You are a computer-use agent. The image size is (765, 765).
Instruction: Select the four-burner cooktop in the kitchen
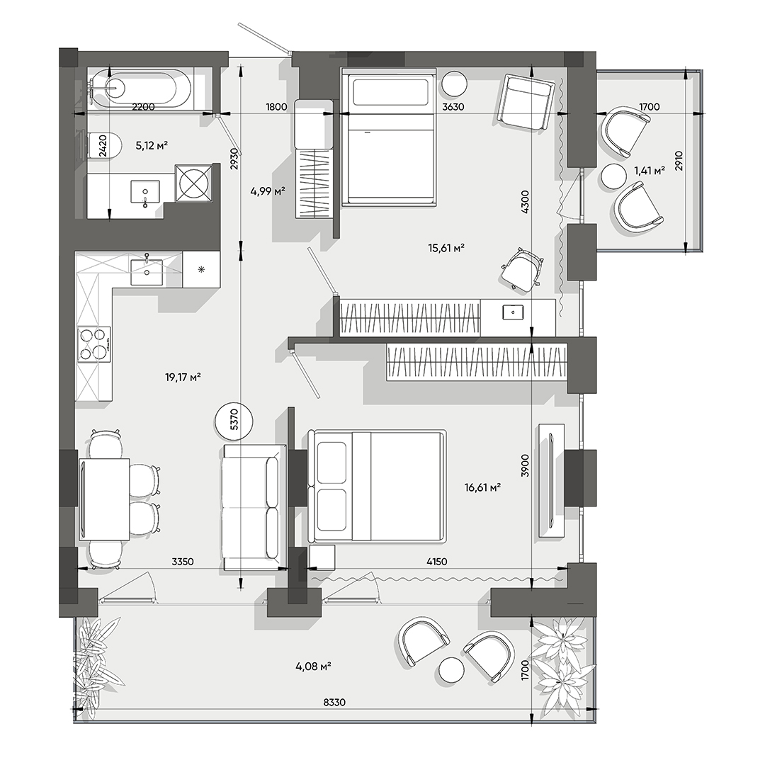point(94,344)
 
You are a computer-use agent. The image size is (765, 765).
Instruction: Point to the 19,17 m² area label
point(183,377)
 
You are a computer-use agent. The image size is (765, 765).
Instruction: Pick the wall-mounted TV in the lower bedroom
point(551,482)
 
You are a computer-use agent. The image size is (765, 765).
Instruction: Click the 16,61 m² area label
point(483,487)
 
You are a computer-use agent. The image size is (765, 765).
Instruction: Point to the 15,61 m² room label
point(446,248)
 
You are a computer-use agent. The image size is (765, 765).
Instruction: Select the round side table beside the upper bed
point(454,84)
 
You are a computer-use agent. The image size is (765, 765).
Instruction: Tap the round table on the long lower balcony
point(451,669)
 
